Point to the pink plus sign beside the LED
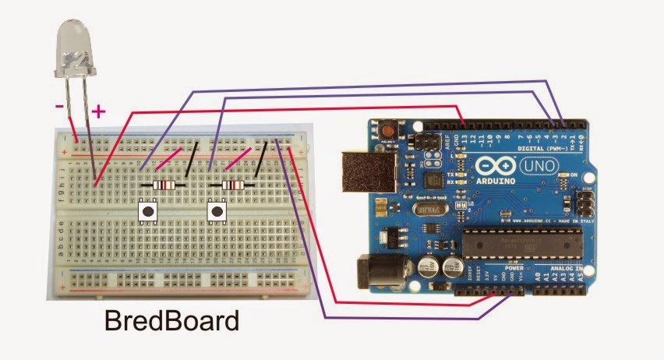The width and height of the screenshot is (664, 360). (x=98, y=111)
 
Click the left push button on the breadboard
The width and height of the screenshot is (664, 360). (x=148, y=210)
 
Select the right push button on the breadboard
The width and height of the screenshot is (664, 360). (x=217, y=210)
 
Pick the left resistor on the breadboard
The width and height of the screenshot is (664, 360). (x=164, y=185)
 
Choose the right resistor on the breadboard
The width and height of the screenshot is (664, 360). (x=233, y=185)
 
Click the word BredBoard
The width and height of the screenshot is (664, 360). (x=171, y=320)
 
